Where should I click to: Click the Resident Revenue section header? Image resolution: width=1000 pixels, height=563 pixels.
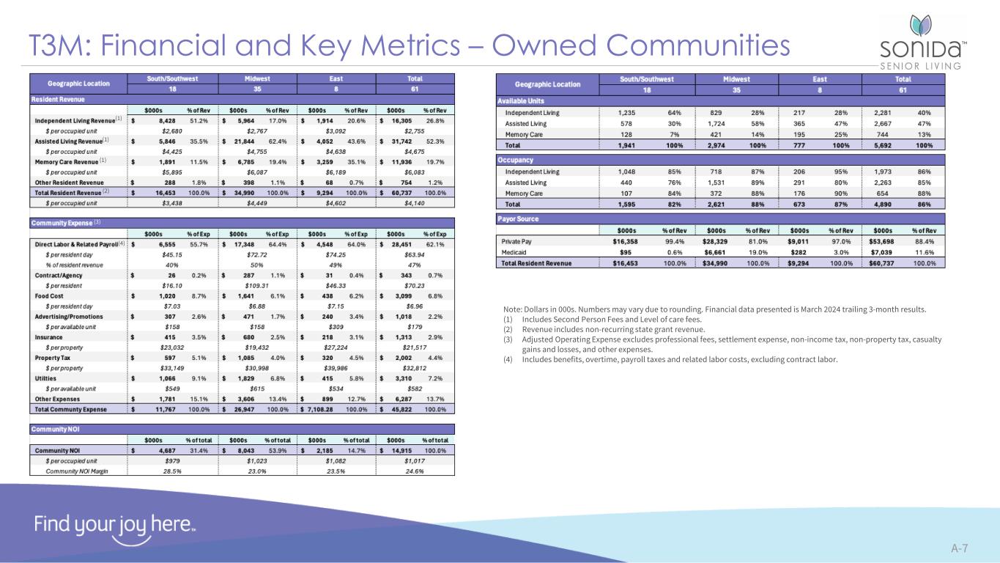click(58, 98)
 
